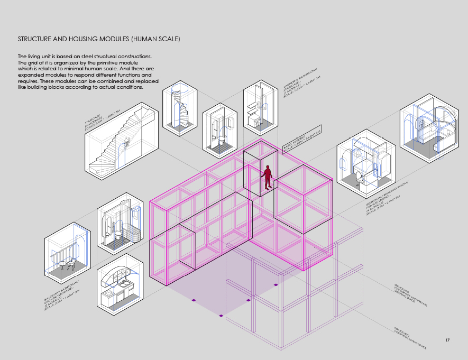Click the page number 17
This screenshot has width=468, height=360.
(447, 339)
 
